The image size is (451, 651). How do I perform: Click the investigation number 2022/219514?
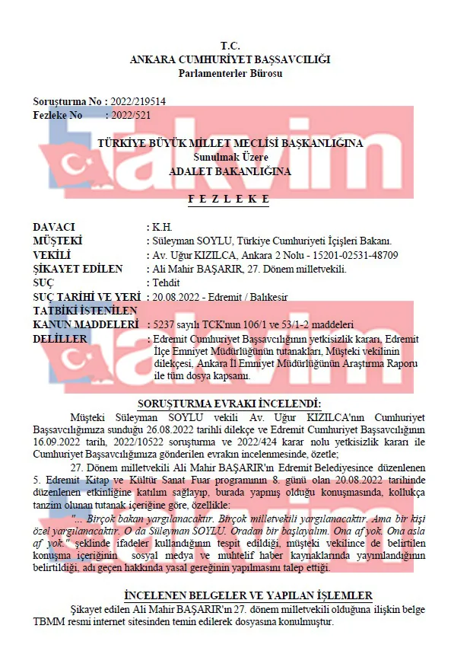point(138,101)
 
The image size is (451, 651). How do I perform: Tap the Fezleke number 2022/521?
point(131,115)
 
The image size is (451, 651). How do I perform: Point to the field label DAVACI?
point(54,228)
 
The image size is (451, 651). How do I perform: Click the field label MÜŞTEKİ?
point(58,241)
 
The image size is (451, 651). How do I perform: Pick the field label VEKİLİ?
point(52,255)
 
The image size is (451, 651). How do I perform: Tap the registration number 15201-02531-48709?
point(355,255)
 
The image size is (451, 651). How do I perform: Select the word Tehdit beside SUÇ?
point(167,282)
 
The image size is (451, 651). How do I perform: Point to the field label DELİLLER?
point(60,337)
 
